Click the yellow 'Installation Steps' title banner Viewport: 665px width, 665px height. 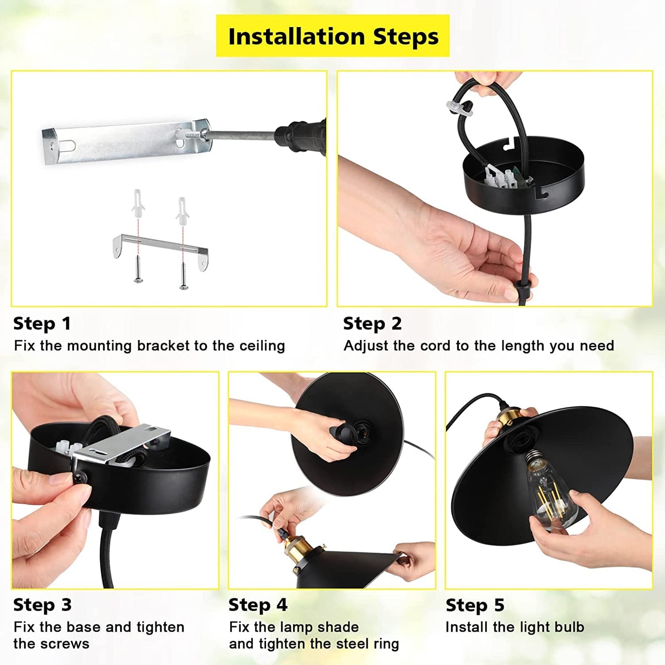332,35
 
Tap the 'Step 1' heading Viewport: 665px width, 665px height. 42,324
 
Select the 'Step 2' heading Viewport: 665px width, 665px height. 372,324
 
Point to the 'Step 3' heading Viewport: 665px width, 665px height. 42,605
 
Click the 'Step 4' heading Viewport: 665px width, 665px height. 258,605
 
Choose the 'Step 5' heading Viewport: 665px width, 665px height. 475,605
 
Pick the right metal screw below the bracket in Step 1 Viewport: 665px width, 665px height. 183,276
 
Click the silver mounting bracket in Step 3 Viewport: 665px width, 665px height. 121,445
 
